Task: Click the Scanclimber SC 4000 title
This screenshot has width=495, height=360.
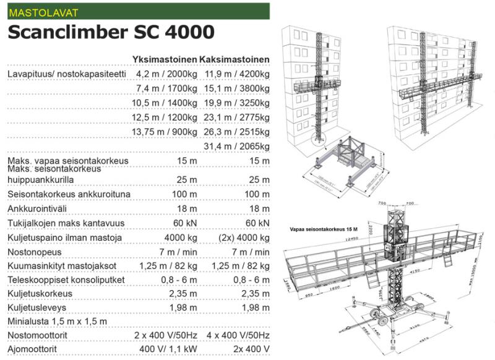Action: tap(111, 33)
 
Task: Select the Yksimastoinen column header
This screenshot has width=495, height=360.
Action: tap(165, 59)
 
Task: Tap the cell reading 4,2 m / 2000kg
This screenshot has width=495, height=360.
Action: tap(166, 74)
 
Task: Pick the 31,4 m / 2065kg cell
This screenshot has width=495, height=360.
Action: tap(237, 146)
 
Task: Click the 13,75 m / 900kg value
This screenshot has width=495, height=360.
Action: tap(165, 132)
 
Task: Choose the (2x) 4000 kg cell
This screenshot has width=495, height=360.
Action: tap(241, 238)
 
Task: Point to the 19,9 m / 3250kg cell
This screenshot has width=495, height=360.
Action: tap(237, 103)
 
